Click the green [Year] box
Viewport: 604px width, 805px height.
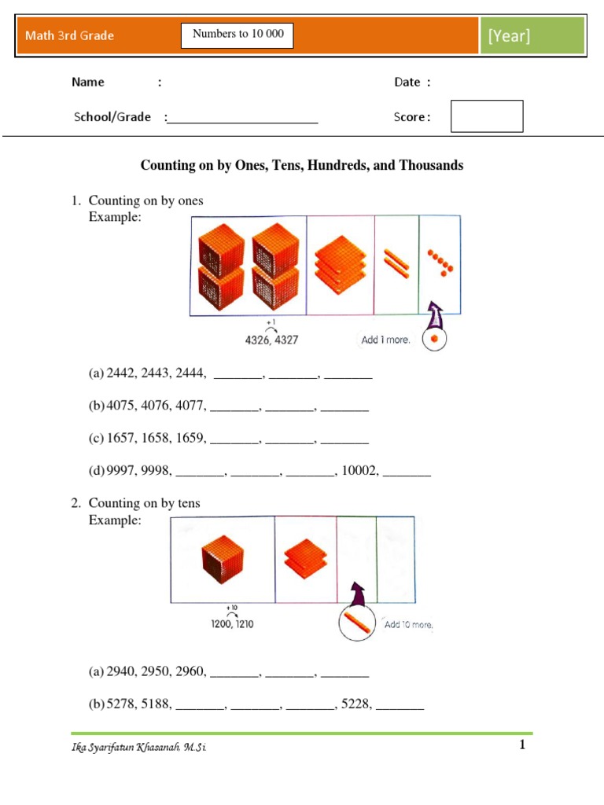click(x=532, y=36)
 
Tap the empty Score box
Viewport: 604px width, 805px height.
click(x=487, y=116)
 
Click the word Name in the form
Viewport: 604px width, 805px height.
click(x=88, y=82)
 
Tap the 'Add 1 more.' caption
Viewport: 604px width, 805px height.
click(x=385, y=340)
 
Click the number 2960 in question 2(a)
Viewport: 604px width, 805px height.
click(x=191, y=672)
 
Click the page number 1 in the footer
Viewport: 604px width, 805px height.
click(x=521, y=746)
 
